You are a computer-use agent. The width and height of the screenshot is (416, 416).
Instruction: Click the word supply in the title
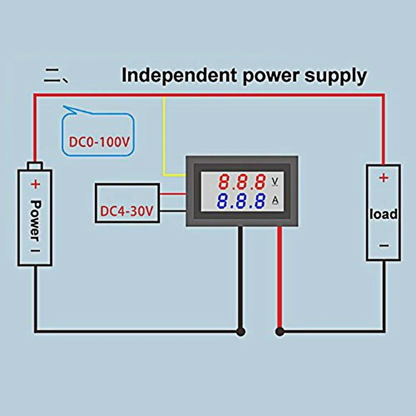pyautogui.click(x=336, y=77)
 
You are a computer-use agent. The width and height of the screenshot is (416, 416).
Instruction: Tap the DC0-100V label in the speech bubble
pyautogui.click(x=99, y=142)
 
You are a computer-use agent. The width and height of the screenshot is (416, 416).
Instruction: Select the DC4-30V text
pyautogui.click(x=127, y=211)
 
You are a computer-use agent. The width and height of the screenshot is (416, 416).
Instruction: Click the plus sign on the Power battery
pyautogui.click(x=35, y=184)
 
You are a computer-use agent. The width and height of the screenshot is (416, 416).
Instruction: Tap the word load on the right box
pyautogui.click(x=384, y=214)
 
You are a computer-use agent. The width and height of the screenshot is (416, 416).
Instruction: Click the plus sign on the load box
pyautogui.click(x=384, y=178)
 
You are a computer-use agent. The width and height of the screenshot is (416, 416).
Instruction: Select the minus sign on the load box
pyautogui.click(x=384, y=246)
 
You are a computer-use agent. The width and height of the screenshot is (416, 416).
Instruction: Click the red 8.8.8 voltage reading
pyautogui.click(x=242, y=182)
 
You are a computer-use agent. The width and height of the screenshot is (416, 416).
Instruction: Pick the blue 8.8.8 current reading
pyautogui.click(x=241, y=201)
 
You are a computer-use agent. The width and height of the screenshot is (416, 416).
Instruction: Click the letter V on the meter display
pyautogui.click(x=275, y=181)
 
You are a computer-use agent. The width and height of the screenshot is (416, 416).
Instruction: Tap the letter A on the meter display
pyautogui.click(x=275, y=201)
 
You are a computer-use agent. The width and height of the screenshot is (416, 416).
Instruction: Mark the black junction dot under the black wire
pyautogui.click(x=240, y=332)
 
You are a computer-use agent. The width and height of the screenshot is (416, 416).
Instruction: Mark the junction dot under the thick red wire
pyautogui.click(x=280, y=332)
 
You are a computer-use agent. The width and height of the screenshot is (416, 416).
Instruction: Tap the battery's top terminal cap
pyautogui.click(x=35, y=166)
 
